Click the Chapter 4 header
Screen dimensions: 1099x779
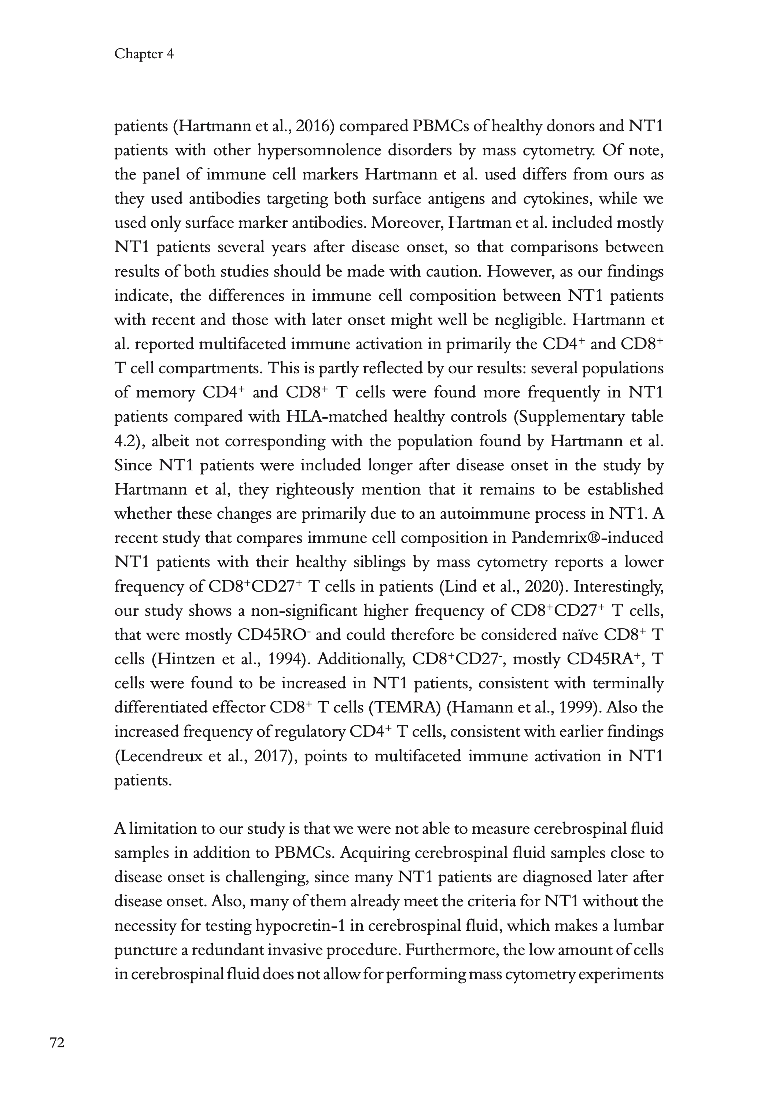point(144,54)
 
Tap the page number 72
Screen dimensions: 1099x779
point(57,1043)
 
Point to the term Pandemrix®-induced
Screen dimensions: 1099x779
point(587,538)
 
